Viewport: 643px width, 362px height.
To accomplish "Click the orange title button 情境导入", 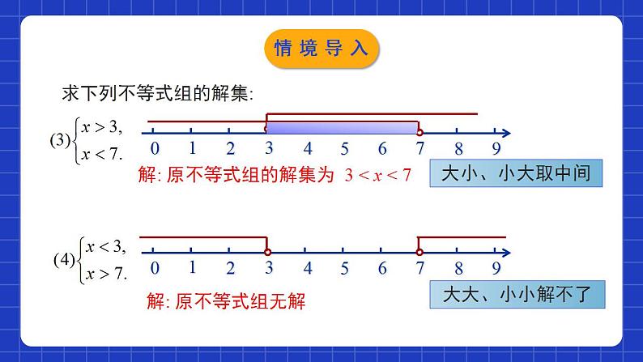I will point(321,49).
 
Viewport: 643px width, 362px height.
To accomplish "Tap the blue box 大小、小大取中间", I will point(516,173).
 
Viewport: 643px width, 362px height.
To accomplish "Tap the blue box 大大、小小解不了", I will point(516,296).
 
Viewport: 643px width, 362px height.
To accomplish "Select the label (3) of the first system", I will point(62,139).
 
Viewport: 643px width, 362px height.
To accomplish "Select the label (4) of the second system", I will point(63,261).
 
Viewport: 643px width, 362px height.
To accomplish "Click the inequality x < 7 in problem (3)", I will point(100,154).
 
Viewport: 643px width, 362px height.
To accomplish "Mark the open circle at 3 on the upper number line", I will point(266,131).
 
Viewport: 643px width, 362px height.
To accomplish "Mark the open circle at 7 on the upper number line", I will point(419,131).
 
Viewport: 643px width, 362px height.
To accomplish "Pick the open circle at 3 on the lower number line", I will point(268,252).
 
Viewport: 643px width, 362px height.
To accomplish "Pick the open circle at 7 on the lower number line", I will point(419,252).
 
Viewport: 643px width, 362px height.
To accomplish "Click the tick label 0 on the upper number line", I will point(154,149).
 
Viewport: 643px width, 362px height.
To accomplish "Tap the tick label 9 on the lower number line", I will point(496,269).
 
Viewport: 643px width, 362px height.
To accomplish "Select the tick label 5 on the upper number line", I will point(344,149).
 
